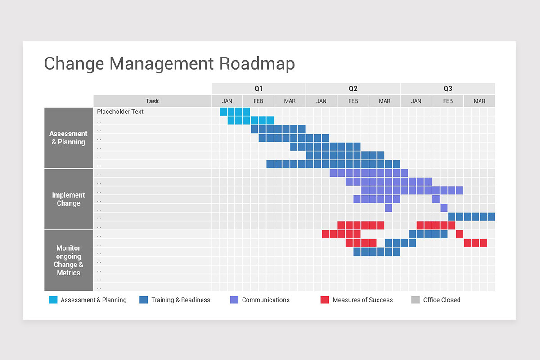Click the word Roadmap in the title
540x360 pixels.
click(x=257, y=63)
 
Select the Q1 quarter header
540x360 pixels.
click(x=258, y=89)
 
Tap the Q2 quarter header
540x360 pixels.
click(x=353, y=89)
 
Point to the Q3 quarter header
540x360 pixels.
click(x=448, y=89)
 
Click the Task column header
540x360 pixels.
click(x=153, y=101)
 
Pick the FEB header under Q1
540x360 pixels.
click(x=258, y=101)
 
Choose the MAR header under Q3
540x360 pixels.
click(x=479, y=101)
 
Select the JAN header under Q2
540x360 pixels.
click(x=321, y=101)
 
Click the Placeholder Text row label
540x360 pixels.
click(x=120, y=112)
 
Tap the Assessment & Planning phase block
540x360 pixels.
click(x=68, y=138)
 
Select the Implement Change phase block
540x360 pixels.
click(x=68, y=199)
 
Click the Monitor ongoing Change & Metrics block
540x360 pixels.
click(x=68, y=261)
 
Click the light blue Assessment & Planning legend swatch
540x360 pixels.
click(x=53, y=300)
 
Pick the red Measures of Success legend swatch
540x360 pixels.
click(x=325, y=300)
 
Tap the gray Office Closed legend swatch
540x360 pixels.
click(x=415, y=300)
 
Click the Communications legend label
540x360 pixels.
click(x=265, y=300)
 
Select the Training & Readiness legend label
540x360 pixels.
click(x=180, y=300)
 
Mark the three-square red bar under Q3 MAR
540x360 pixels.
click(x=475, y=243)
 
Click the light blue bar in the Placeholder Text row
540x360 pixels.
click(x=235, y=112)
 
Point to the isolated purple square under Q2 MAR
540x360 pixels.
click(x=389, y=208)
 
